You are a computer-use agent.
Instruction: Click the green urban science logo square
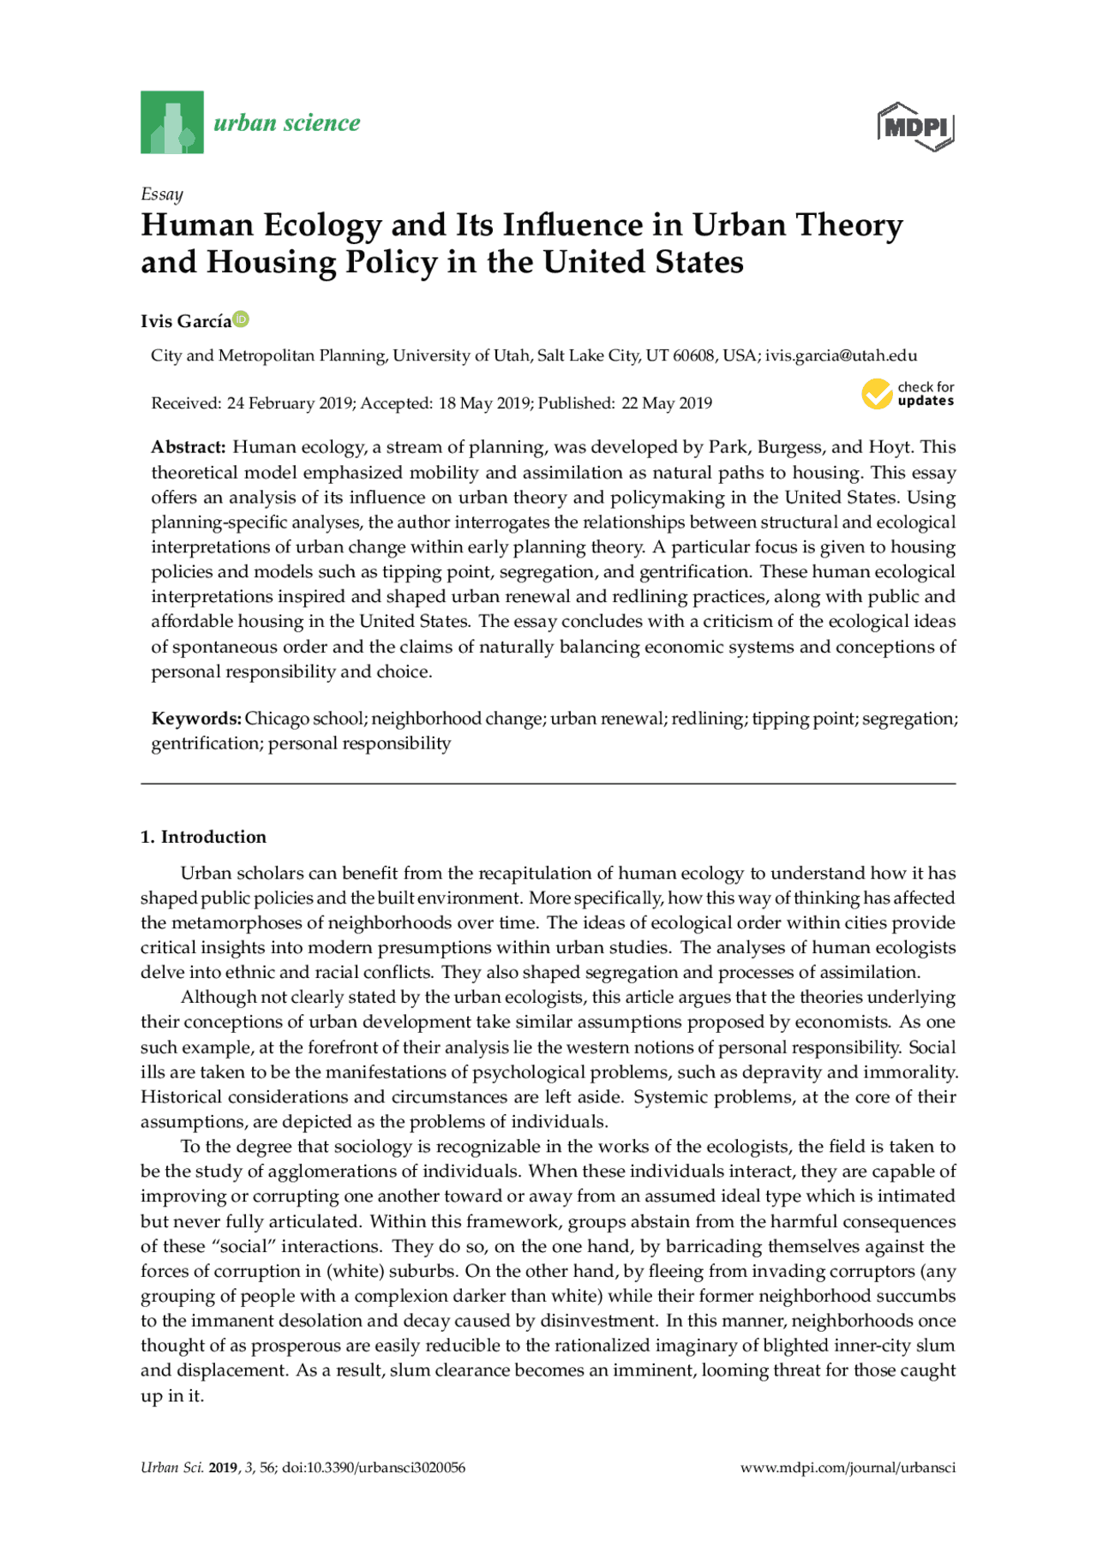tap(171, 122)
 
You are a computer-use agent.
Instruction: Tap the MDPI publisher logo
tap(915, 128)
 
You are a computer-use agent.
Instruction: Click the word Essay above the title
tap(162, 194)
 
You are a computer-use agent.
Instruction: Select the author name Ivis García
tap(186, 321)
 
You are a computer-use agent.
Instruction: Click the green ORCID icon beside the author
tap(242, 319)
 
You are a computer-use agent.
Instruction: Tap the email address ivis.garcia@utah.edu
tap(841, 355)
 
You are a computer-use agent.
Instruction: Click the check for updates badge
tap(908, 394)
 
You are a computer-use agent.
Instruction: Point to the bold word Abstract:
tap(189, 447)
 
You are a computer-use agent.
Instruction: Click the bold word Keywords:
tap(196, 719)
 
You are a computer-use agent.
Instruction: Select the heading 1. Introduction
tap(203, 837)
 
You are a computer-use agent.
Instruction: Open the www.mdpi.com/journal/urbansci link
tap(848, 1467)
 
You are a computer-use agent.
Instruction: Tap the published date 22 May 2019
tap(666, 403)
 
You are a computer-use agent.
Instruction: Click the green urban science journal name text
tap(287, 123)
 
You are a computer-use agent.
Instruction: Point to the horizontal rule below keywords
tap(548, 784)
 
